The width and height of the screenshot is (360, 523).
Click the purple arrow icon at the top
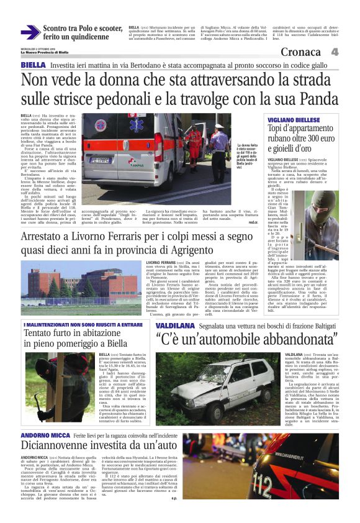(x=30, y=32)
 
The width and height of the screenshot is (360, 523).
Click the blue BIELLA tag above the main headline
(x=32, y=65)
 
